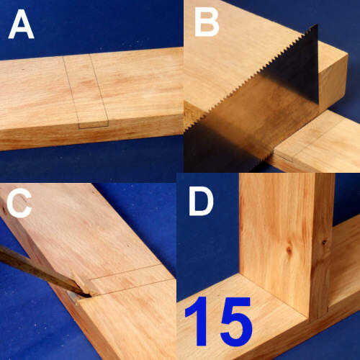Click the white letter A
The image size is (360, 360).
21,24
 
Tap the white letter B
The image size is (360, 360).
207,22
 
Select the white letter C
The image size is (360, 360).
19,202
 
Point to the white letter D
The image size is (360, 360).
201,201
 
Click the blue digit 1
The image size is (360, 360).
198,321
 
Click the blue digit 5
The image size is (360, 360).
236,322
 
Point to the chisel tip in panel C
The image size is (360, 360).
90,297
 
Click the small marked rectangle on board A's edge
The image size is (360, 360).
94,125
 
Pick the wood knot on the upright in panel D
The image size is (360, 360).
289,250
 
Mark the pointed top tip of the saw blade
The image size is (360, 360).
317,24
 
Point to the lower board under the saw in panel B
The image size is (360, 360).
317,144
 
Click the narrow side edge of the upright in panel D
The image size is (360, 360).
323,245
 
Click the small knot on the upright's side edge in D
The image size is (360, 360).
325,243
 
